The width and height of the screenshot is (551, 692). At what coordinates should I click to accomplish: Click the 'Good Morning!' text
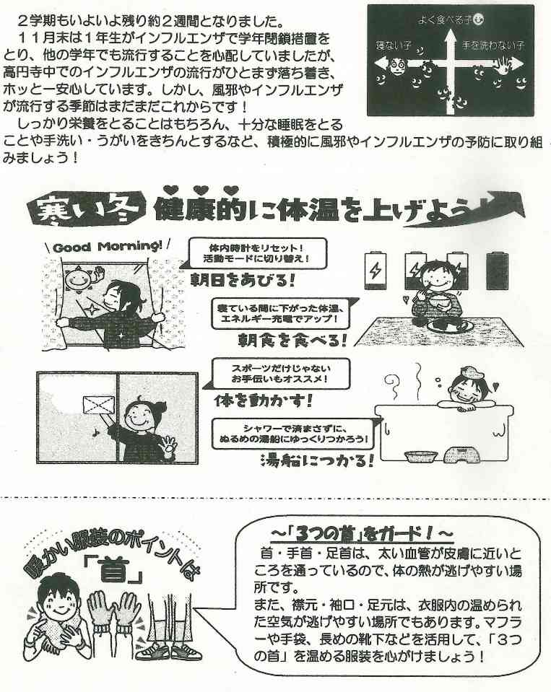[x=108, y=246]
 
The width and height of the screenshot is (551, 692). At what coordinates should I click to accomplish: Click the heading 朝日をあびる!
[x=243, y=280]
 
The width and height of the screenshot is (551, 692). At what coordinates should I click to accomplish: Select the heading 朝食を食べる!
[x=292, y=340]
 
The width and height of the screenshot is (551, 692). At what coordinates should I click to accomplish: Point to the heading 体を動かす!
[x=264, y=400]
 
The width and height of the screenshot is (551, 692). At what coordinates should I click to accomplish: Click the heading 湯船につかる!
[x=317, y=460]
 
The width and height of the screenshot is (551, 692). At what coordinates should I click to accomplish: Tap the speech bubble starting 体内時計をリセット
[x=256, y=253]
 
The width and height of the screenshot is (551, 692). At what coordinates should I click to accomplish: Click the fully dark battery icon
[x=497, y=271]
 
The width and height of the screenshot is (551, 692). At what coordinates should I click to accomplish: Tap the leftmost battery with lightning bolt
[x=376, y=270]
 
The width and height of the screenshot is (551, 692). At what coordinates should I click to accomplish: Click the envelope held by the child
[x=98, y=405]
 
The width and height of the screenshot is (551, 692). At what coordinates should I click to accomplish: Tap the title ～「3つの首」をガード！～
[x=361, y=535]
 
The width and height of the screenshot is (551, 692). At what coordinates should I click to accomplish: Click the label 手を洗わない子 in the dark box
[x=493, y=45]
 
